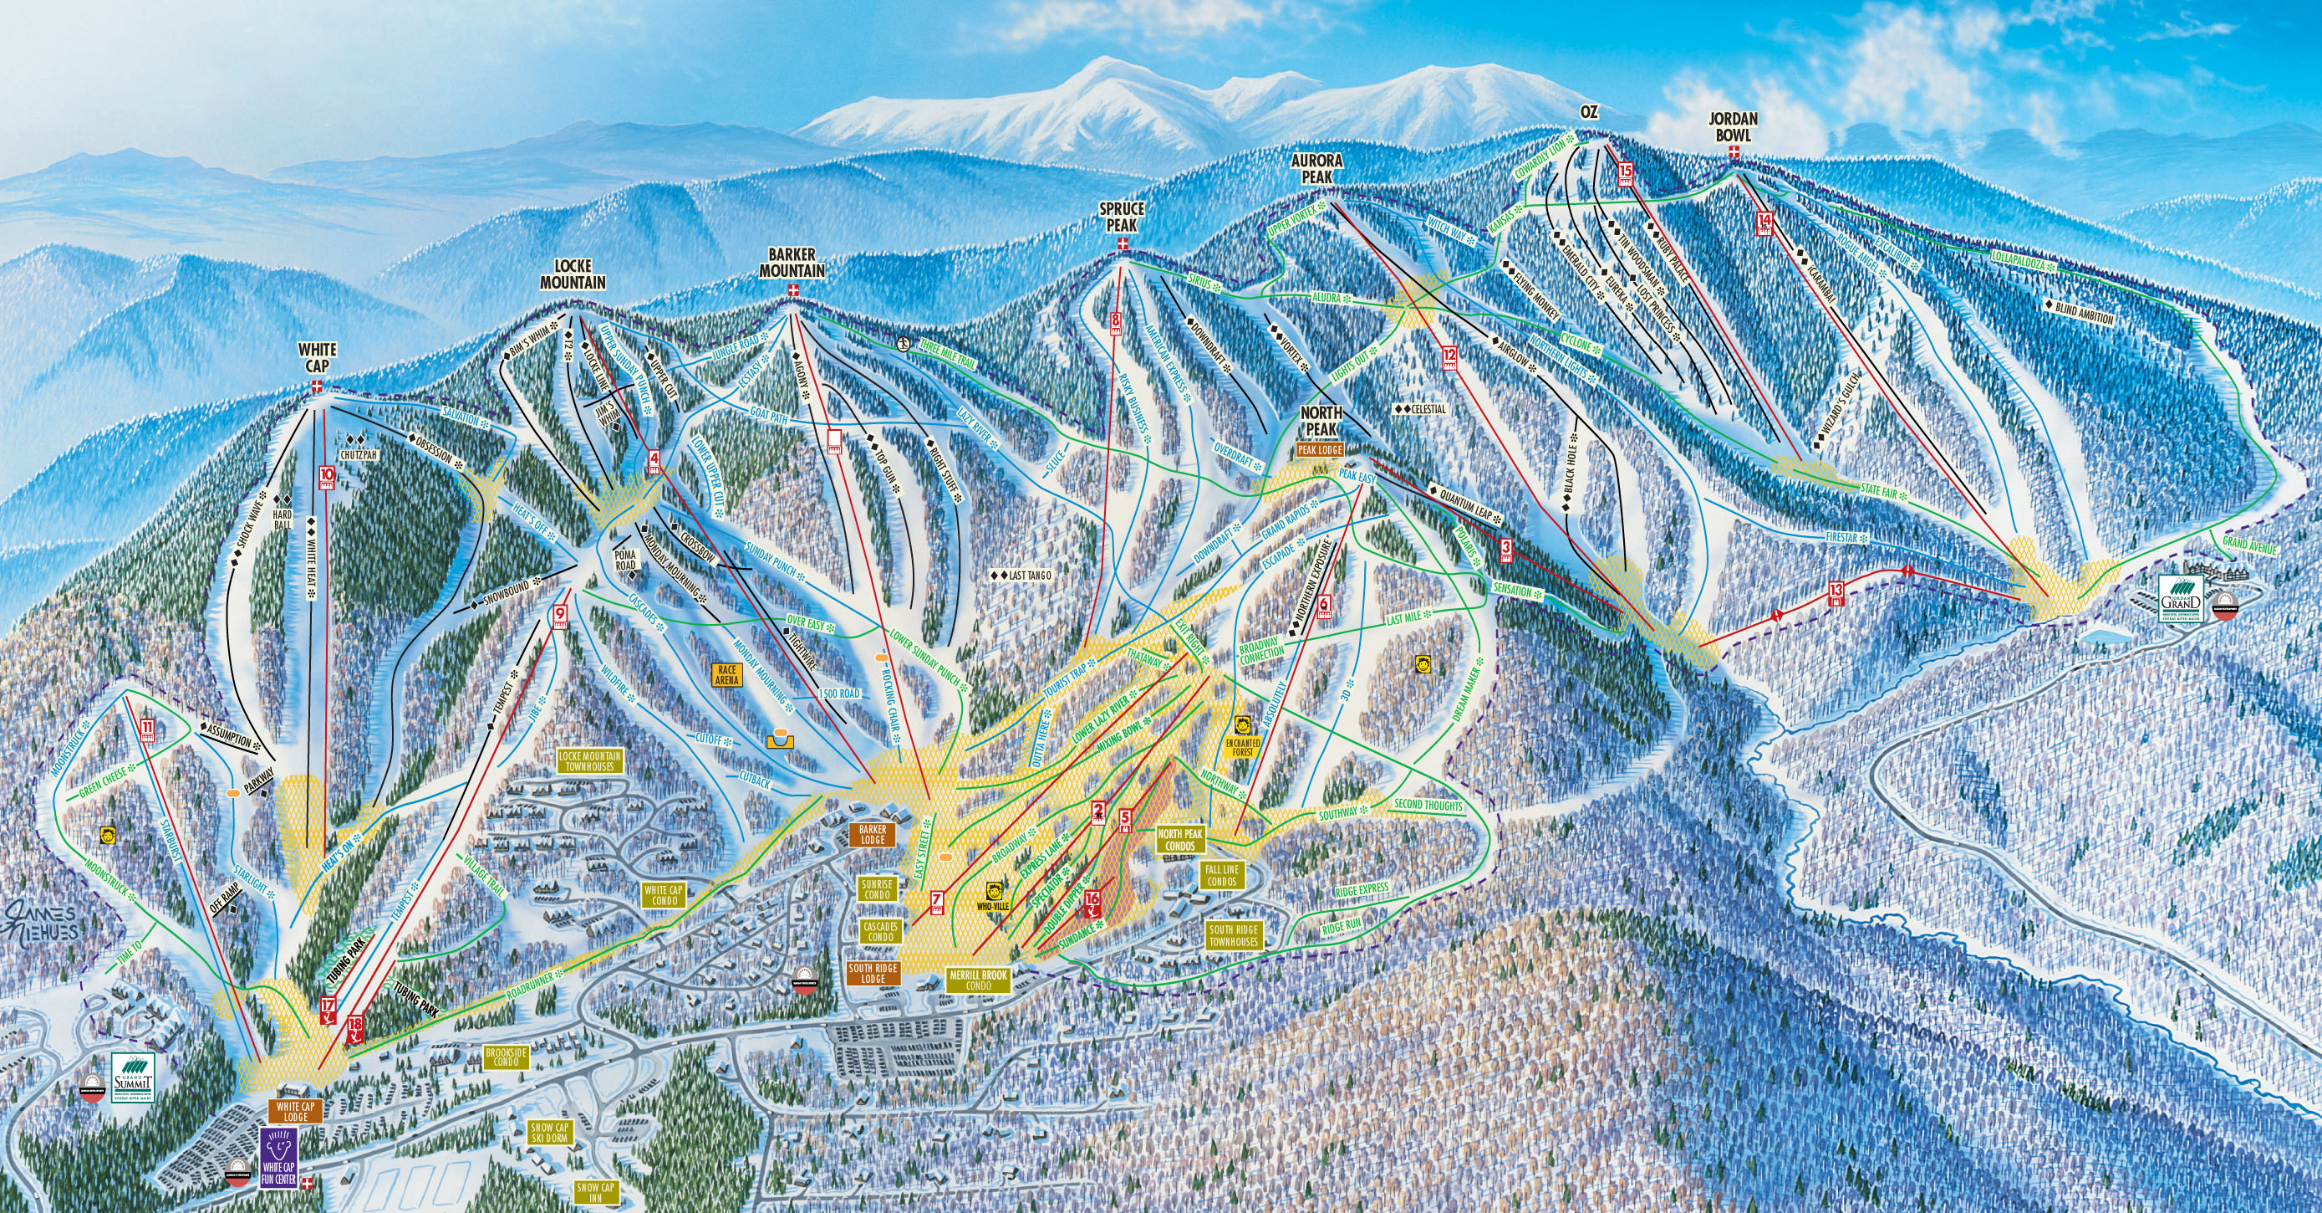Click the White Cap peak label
click(318, 356)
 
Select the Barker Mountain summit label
click(792, 263)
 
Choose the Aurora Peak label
click(1317, 168)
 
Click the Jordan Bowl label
click(1733, 127)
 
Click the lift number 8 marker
click(1116, 324)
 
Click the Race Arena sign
click(726, 674)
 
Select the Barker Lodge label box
click(873, 834)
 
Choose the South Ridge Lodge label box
click(873, 973)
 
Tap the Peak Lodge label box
click(1320, 448)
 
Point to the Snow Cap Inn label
click(595, 1192)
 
